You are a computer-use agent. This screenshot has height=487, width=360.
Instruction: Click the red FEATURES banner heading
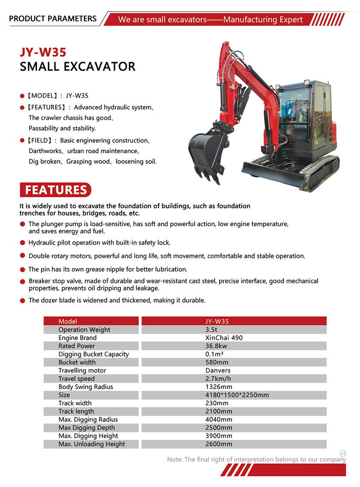[x=56, y=190]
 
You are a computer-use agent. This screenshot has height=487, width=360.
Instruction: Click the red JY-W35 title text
[x=43, y=52]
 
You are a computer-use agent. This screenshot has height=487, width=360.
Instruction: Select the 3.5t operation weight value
[x=212, y=330]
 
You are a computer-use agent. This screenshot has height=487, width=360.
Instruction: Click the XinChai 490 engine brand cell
[x=224, y=338]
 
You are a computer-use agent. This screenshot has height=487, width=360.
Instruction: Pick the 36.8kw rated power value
[x=216, y=346]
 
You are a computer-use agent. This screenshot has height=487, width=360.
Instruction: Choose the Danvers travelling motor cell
[x=218, y=370]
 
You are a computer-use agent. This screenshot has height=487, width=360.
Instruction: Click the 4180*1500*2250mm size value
[x=237, y=395]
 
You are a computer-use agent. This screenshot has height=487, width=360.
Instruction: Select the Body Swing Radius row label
[x=86, y=387]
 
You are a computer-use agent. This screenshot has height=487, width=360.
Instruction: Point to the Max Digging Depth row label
[x=87, y=427]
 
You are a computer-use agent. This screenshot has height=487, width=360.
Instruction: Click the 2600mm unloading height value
[x=219, y=444]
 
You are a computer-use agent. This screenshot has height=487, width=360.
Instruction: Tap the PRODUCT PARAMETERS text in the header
[x=53, y=19]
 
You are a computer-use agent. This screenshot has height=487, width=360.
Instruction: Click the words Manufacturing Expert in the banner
[x=263, y=20]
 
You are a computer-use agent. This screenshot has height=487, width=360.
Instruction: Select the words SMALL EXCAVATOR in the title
[x=78, y=66]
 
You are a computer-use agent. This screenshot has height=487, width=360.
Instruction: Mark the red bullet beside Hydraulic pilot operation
[x=23, y=243]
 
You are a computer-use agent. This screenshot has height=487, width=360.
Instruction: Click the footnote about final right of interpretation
[x=256, y=460]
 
